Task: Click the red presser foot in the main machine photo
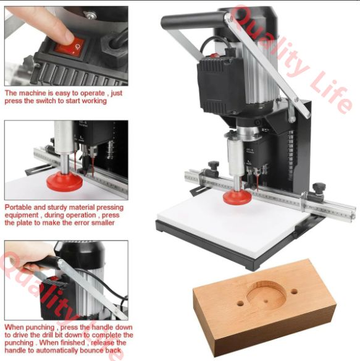[x=237, y=198]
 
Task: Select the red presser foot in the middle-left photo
[x=64, y=182]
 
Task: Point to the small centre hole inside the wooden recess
[x=266, y=301]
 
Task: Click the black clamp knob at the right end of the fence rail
[x=319, y=188]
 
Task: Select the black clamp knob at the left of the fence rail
[x=214, y=166]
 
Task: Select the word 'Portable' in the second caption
[x=18, y=208]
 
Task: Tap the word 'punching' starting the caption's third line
[x=19, y=343]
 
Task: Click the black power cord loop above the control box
[x=214, y=45]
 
